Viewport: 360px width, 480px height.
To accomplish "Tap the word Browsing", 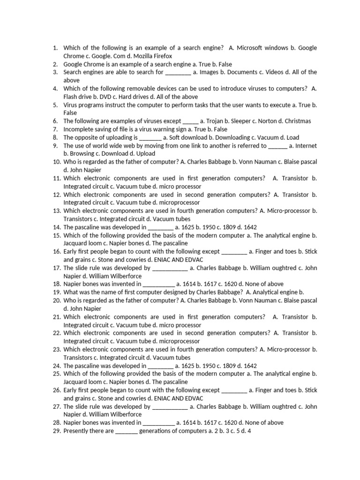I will (82, 154).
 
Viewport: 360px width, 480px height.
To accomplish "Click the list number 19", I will (56, 292).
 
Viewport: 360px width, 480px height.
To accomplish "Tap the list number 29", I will (56, 431).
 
